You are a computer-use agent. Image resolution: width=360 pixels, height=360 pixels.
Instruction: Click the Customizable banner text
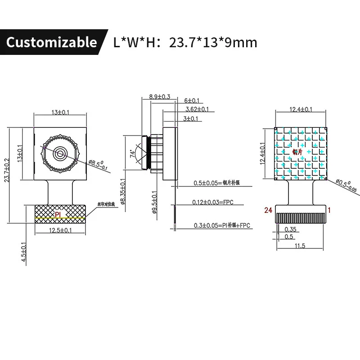point(51,42)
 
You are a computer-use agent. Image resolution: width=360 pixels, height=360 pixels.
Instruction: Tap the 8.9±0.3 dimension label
point(159,96)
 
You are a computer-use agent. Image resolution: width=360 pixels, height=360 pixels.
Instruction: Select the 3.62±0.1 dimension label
point(197,109)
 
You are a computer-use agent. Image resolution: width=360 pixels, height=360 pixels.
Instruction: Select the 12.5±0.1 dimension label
point(60,230)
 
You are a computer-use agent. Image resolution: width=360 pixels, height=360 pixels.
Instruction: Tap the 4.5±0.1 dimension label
point(24,255)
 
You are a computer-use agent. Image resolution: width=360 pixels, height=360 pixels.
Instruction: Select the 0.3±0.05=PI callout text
point(221,225)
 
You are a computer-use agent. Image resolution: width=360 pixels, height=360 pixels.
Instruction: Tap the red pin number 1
point(329,210)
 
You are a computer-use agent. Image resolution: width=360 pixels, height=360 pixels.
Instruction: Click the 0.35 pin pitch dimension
point(291,229)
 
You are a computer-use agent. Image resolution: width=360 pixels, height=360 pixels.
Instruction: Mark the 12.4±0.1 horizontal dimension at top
point(301,109)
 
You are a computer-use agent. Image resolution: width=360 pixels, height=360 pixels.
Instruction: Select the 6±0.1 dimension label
point(192,101)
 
